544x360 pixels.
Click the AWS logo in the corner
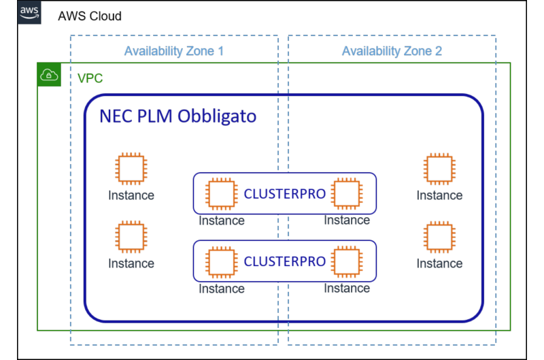tap(29, 14)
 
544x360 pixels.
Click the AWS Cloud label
tap(90, 16)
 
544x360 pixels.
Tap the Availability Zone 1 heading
tap(173, 51)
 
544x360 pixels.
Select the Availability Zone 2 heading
tap(391, 51)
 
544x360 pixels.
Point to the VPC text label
tap(90, 78)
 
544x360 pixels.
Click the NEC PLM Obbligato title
tap(178, 116)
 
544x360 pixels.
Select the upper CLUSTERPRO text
tap(284, 194)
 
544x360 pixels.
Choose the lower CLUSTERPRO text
tap(284, 261)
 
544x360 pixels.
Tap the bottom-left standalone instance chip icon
tap(131, 237)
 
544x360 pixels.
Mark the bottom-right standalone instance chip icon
tap(439, 237)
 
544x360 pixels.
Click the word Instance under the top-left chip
tap(131, 196)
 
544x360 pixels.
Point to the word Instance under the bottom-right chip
tap(439, 263)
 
